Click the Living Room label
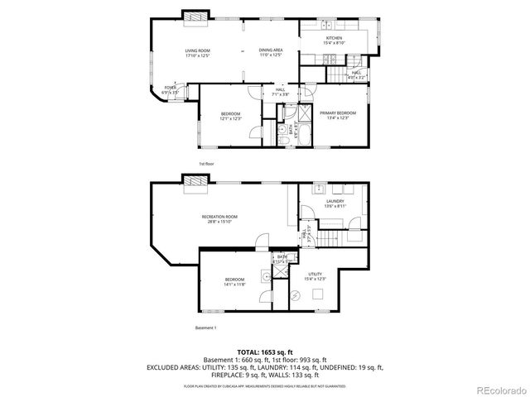pyautogui.click(x=197, y=53)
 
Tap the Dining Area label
pyautogui.click(x=271, y=53)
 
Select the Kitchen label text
pyautogui.click(x=334, y=41)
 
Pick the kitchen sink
pyautogui.click(x=374, y=37)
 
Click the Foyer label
pyautogui.click(x=170, y=88)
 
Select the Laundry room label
pyautogui.click(x=335, y=203)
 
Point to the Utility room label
pyautogui.click(x=315, y=276)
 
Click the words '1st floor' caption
pyautogui.click(x=205, y=164)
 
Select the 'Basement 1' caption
pyautogui.click(x=205, y=328)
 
